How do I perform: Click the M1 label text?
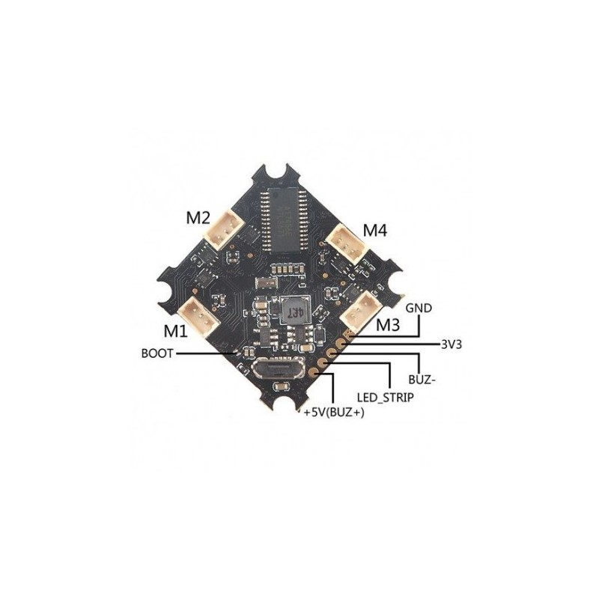pos(176,331)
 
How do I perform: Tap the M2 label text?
pos(198,218)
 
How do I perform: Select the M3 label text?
pos(388,325)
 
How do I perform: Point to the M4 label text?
pos(375,231)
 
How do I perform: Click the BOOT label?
pos(157,353)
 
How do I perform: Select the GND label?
pos(419,308)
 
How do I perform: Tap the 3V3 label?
pos(451,344)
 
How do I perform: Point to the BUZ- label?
pos(422,380)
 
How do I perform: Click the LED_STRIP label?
pos(385,398)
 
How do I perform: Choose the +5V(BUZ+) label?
pos(333,413)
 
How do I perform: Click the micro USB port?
pos(279,368)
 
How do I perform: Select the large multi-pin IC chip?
pos(285,220)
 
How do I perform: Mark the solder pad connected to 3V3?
pos(340,344)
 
